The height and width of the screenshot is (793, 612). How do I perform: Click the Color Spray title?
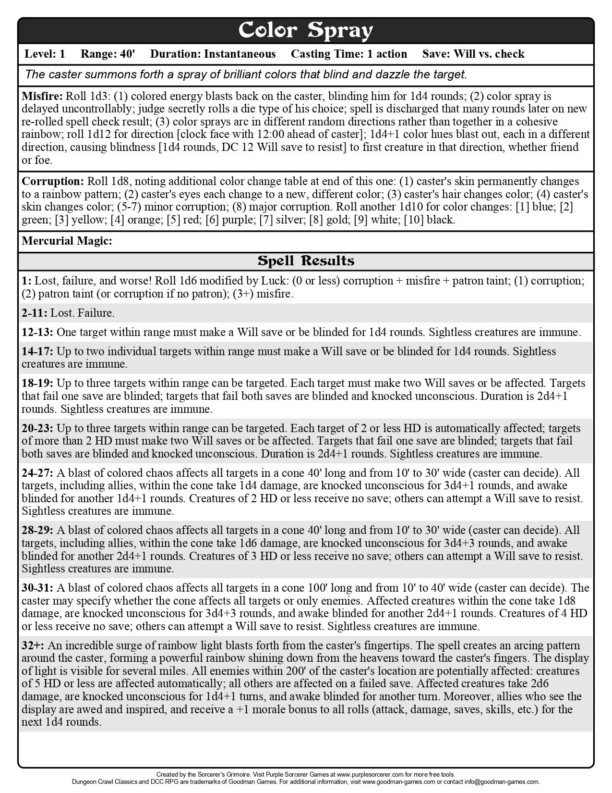click(306, 30)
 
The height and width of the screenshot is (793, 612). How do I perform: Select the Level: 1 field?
click(45, 54)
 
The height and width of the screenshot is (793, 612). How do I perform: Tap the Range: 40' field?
click(108, 54)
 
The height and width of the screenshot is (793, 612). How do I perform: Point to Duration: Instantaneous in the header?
click(213, 54)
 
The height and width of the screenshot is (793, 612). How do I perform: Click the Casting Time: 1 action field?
click(348, 54)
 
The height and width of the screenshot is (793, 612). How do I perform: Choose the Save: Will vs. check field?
click(473, 54)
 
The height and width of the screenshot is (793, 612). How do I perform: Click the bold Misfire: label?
click(42, 96)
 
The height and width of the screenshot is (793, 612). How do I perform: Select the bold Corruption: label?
click(53, 182)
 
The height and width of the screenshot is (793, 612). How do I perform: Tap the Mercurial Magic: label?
click(67, 241)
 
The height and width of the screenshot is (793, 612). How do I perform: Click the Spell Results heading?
click(306, 261)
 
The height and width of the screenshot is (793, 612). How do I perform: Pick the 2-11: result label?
click(35, 313)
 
